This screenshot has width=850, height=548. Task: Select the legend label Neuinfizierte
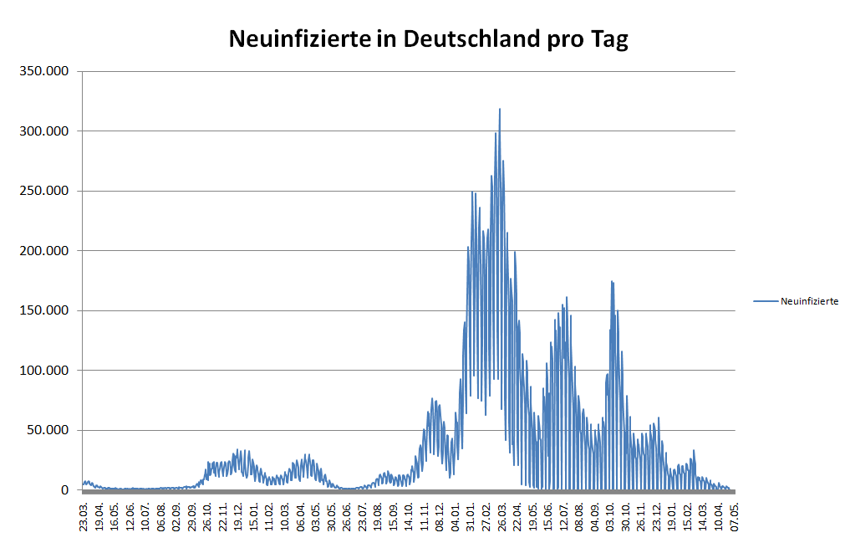[809, 301]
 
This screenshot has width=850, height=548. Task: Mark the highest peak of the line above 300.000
[500, 109]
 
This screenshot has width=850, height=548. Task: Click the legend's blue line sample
[766, 301]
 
